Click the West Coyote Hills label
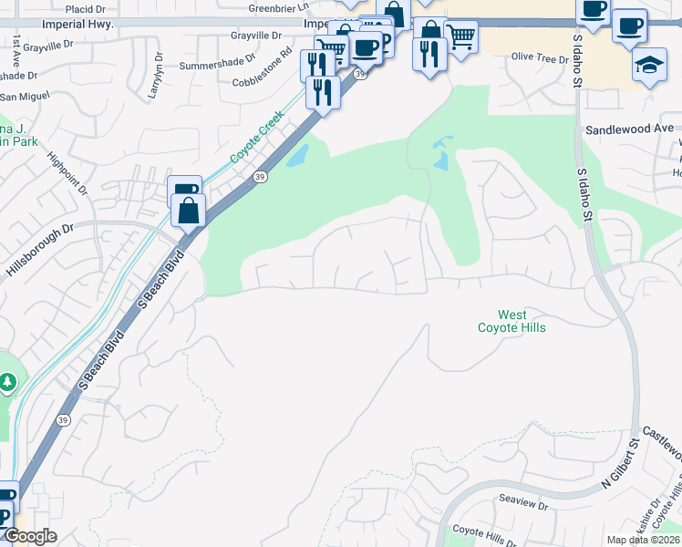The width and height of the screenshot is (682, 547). tap(511, 321)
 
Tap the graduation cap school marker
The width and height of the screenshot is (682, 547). tap(649, 66)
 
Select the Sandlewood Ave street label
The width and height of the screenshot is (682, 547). tap(628, 129)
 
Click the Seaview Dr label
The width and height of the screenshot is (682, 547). tap(522, 502)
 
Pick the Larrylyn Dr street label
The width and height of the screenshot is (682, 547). tap(155, 79)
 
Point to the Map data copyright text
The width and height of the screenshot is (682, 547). tap(643, 540)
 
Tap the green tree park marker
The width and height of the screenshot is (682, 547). tap(8, 380)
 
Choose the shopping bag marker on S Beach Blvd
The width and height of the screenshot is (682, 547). tap(188, 211)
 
